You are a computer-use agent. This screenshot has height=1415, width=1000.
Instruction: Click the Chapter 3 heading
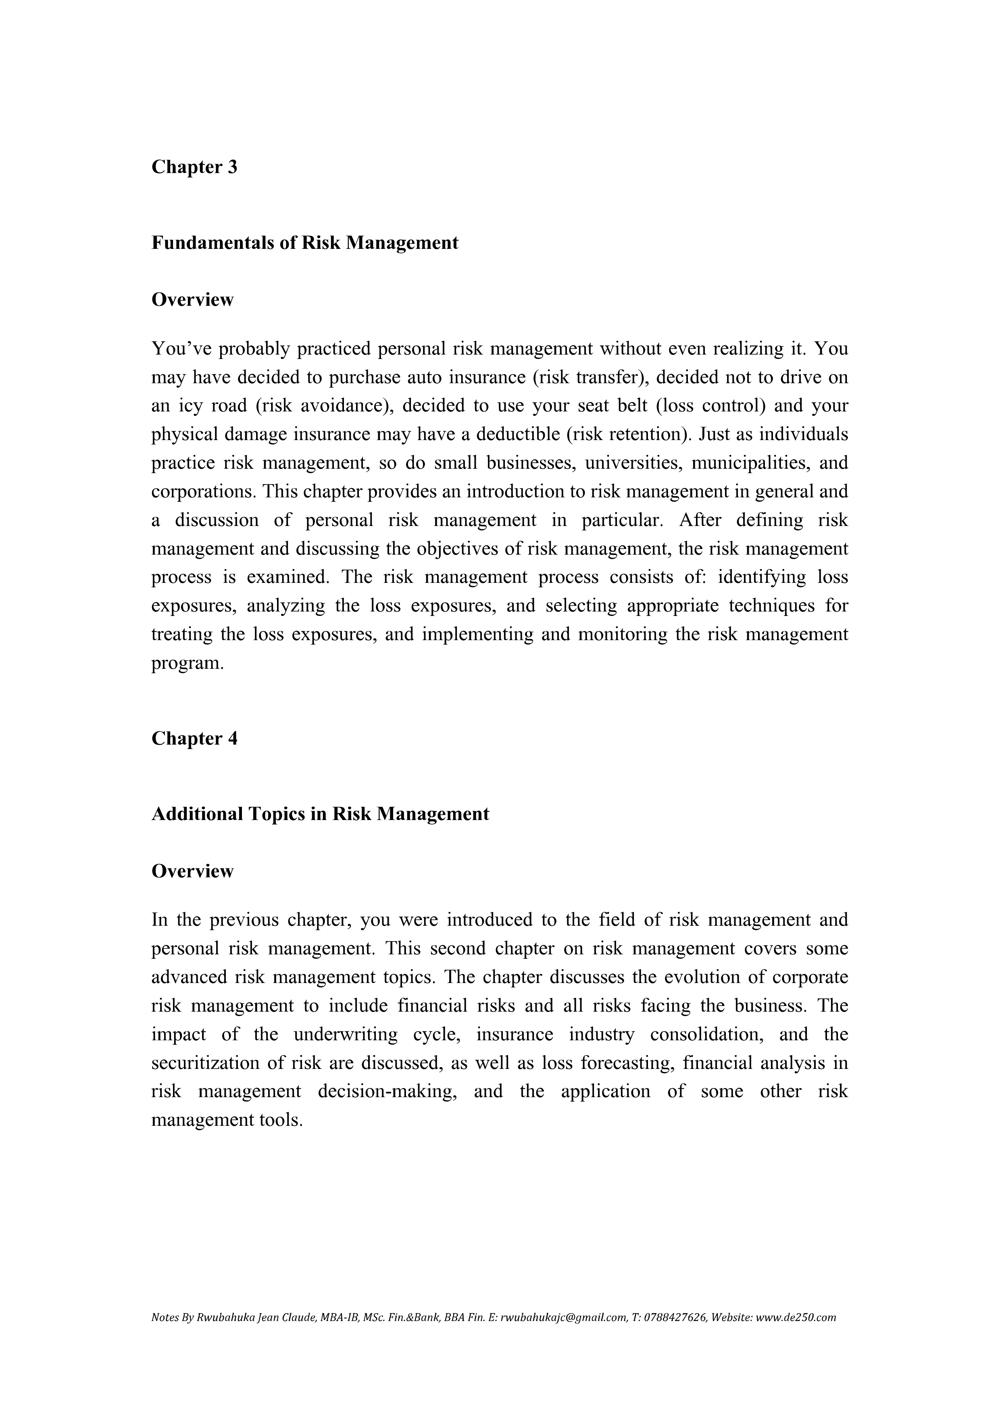coord(194,167)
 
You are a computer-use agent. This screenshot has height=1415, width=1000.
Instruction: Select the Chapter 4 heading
coord(194,738)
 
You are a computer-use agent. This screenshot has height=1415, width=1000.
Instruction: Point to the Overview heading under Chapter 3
coord(192,300)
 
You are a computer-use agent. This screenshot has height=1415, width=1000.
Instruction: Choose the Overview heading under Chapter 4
coord(192,871)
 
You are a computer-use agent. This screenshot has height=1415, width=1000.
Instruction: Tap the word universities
coord(633,463)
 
